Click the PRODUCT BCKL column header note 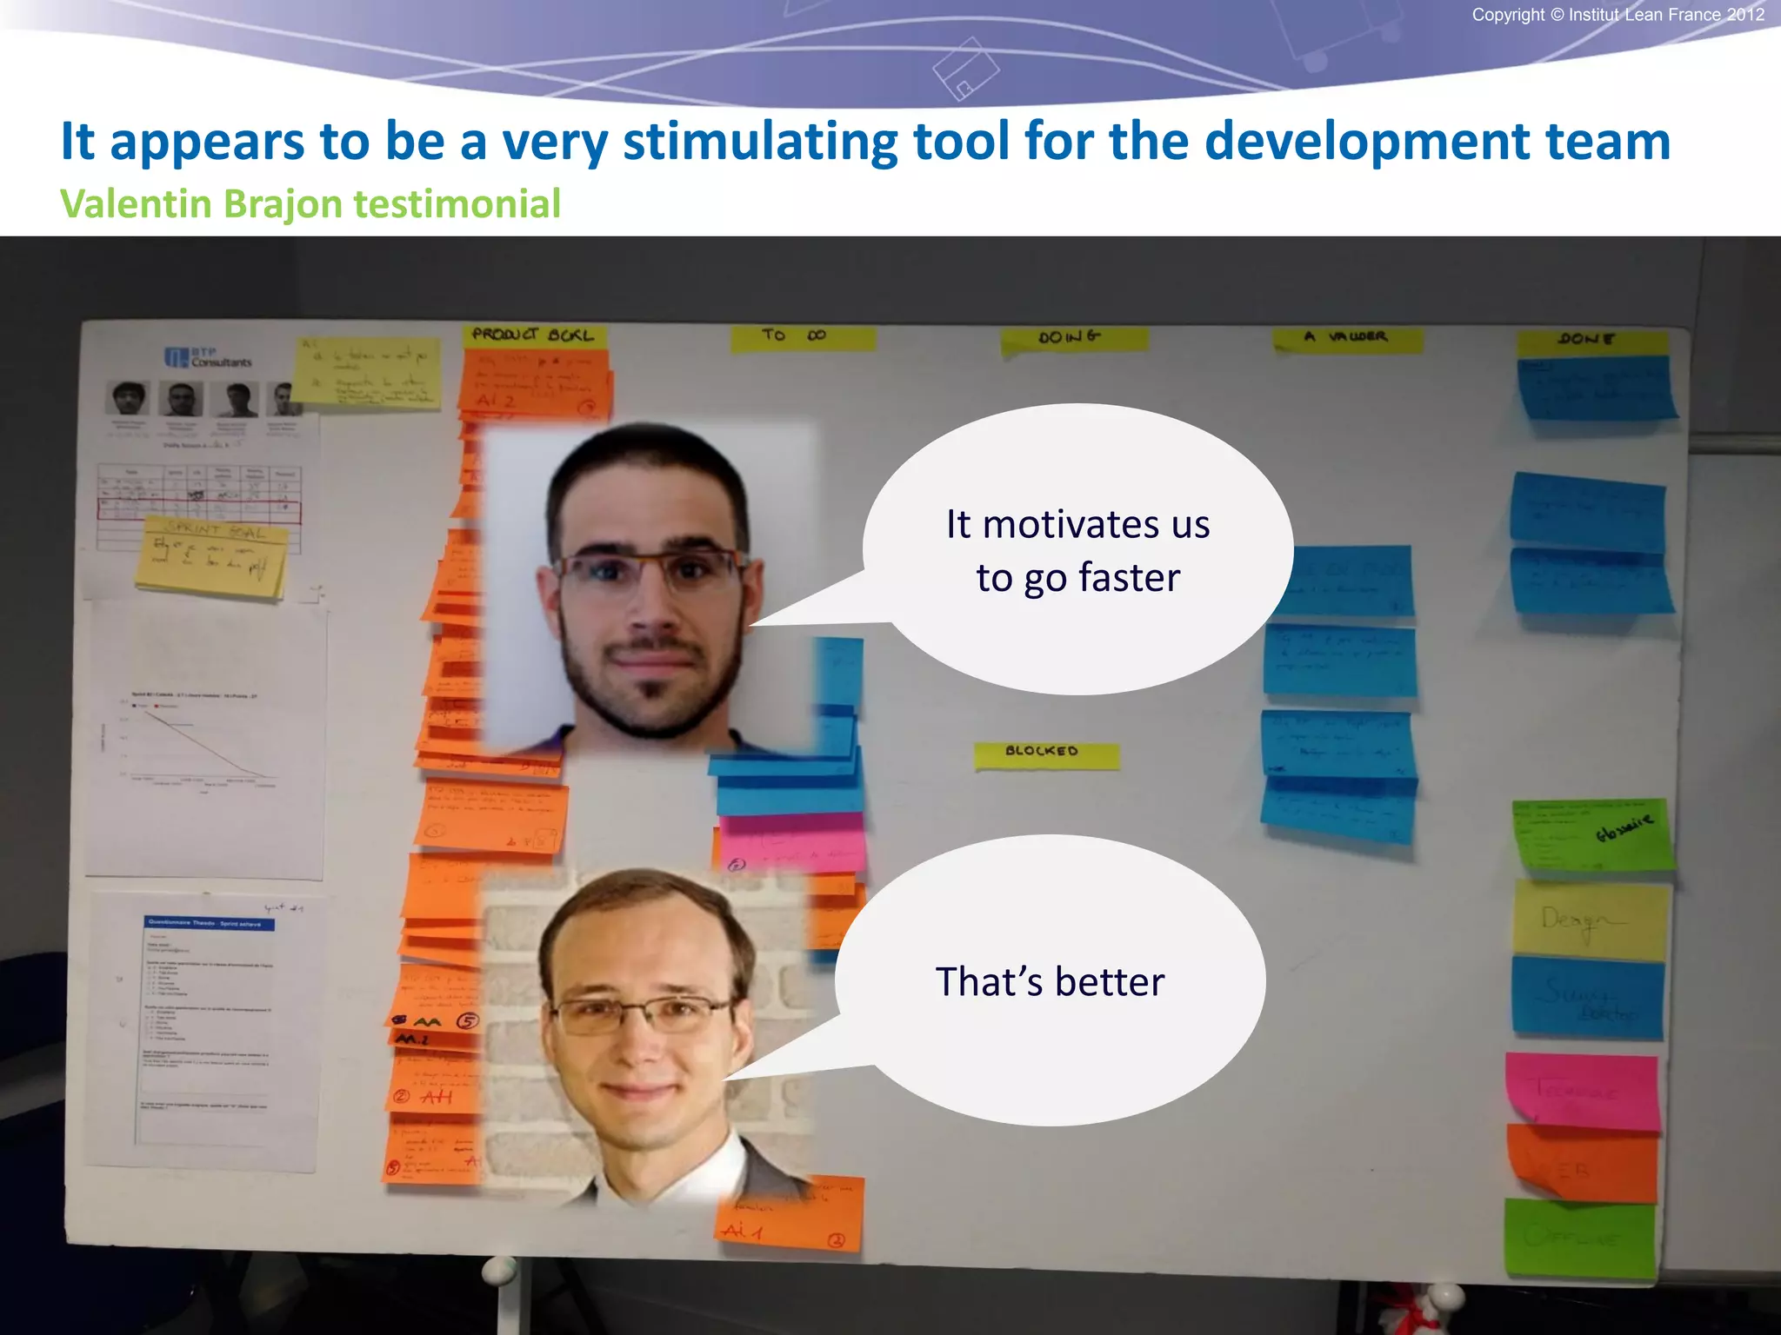click(533, 335)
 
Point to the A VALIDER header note click(1347, 338)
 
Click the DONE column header click(1591, 341)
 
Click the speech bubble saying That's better click(1050, 981)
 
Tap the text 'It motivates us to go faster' click(1077, 550)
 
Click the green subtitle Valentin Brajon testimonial click(310, 204)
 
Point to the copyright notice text click(1618, 15)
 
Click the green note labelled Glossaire click(1592, 835)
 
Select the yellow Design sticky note click(1590, 920)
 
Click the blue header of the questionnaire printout click(209, 923)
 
